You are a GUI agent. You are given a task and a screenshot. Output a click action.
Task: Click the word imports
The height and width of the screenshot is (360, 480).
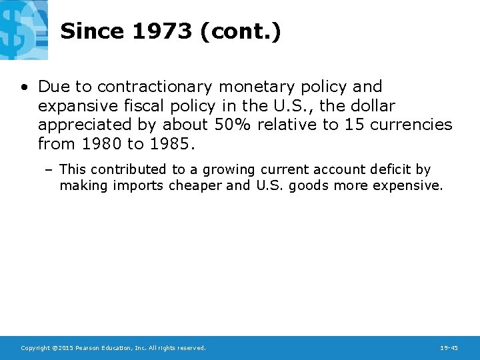click(138, 186)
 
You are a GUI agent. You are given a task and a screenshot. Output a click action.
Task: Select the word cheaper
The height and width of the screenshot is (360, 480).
click(197, 186)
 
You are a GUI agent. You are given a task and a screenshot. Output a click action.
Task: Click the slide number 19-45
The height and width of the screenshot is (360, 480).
click(449, 348)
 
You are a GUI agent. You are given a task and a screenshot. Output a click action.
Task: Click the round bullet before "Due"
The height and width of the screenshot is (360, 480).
click(23, 87)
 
